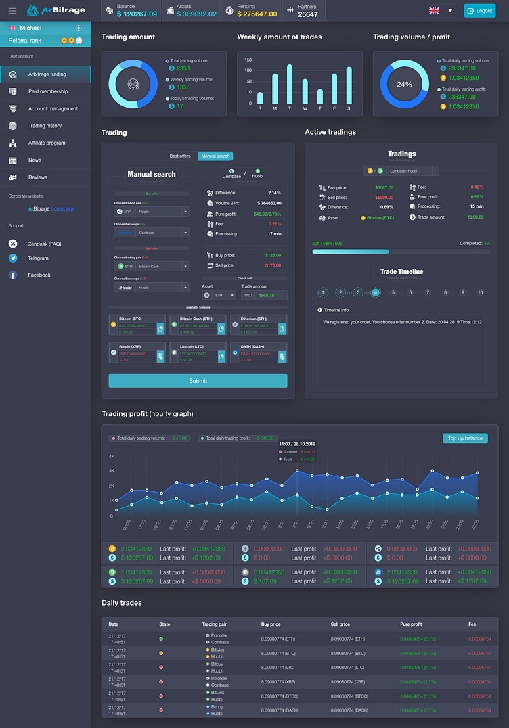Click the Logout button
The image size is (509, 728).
click(479, 11)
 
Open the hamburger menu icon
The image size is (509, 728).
click(12, 11)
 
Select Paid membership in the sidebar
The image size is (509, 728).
click(47, 91)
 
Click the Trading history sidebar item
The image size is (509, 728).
click(45, 126)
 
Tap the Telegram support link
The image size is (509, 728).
click(38, 258)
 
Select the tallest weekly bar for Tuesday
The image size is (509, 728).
click(290, 85)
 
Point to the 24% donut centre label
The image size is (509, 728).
click(404, 85)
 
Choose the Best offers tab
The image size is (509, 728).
click(180, 156)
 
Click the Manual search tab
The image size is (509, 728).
click(215, 156)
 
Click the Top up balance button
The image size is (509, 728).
click(465, 438)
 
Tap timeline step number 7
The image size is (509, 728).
click(427, 292)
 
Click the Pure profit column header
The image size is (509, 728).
click(411, 624)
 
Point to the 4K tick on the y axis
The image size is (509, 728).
click(111, 457)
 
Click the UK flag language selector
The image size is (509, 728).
click(435, 11)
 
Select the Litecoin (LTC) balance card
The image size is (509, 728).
click(198, 352)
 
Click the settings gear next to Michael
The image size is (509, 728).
click(79, 28)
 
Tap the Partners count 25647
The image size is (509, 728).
click(308, 14)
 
